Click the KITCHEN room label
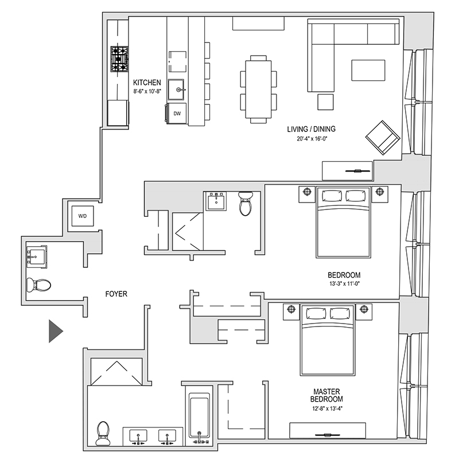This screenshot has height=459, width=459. [x=147, y=83]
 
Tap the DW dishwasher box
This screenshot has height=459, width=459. [x=177, y=114]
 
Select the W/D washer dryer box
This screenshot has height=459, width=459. [x=83, y=216]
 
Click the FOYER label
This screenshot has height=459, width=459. [x=116, y=294]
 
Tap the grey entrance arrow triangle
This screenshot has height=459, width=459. [x=55, y=331]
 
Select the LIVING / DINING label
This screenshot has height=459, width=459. [x=310, y=129]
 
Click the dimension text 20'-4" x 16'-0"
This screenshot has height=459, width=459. [x=310, y=138]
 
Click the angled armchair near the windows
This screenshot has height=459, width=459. [x=382, y=138]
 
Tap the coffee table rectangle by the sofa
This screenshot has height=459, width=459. [x=368, y=71]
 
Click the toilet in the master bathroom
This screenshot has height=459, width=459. [x=103, y=432]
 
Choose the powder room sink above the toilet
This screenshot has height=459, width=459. [x=37, y=255]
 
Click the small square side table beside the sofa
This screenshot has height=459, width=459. [x=325, y=102]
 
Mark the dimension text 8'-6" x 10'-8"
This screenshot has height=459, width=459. [x=147, y=91]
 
